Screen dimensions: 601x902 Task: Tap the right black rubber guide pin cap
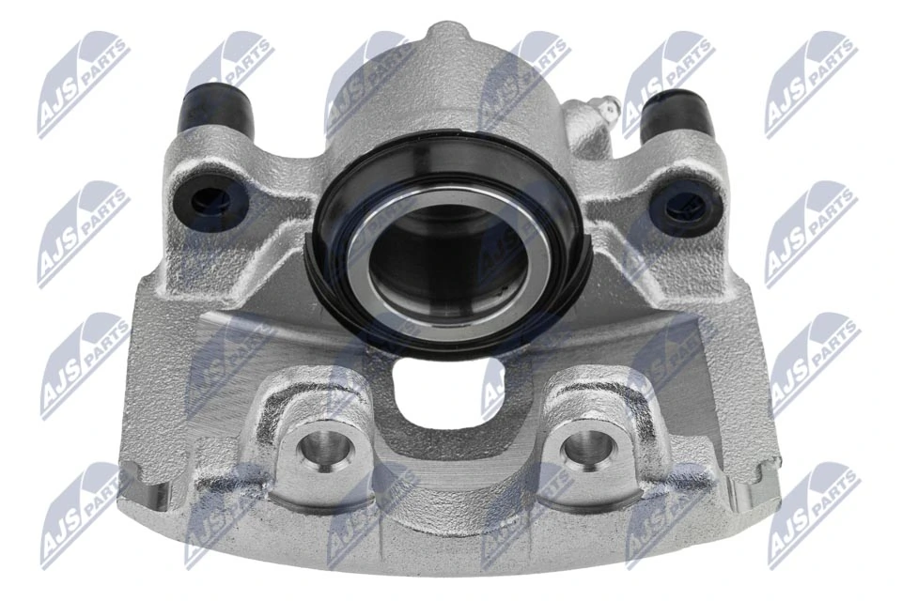676,112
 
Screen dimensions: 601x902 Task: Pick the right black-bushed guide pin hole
682,204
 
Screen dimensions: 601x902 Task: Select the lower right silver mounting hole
584,450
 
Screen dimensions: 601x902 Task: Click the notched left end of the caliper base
141,488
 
